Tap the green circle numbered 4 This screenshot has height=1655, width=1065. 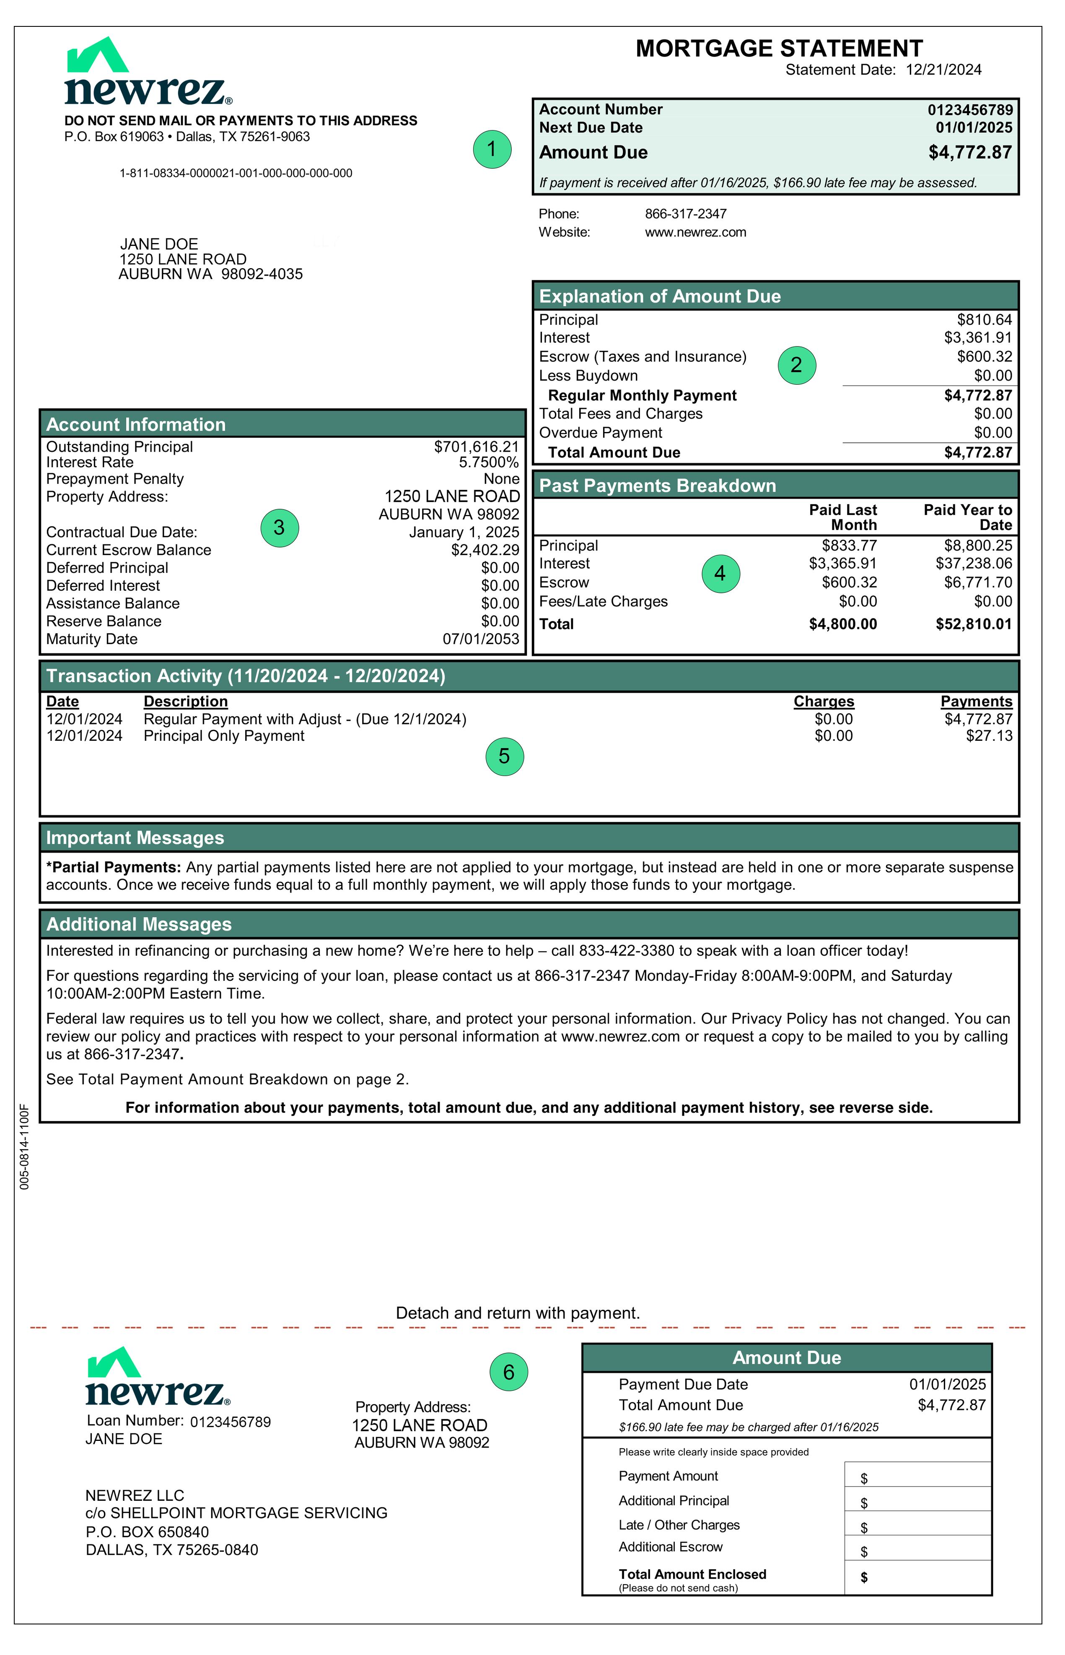pos(720,574)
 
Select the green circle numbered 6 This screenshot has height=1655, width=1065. pos(508,1372)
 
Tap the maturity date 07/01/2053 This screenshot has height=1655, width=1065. pos(481,639)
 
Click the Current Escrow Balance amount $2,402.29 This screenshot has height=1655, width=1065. pos(485,550)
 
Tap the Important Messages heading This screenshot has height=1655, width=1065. pos(135,838)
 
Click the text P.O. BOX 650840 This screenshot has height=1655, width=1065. pos(147,1533)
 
